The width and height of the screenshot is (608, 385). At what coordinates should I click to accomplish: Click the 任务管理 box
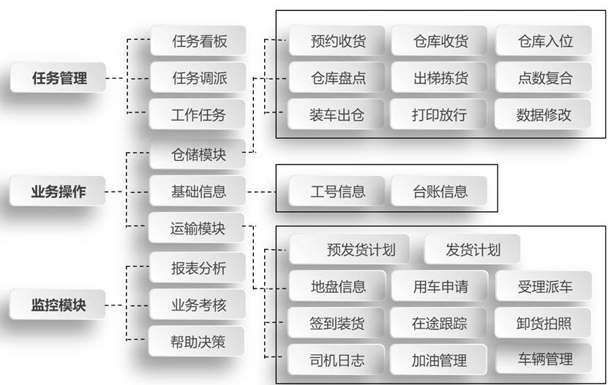(x=59, y=77)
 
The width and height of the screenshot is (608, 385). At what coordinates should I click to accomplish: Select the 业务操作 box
(x=58, y=192)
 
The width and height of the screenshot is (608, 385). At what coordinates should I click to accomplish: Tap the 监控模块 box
(x=58, y=305)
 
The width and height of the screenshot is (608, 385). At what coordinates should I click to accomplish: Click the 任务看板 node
(x=199, y=41)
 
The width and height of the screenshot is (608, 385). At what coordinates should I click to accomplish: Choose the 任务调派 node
(x=199, y=77)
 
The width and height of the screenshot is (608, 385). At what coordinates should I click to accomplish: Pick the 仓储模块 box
(x=198, y=154)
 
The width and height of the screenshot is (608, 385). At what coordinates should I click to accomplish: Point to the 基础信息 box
(x=198, y=192)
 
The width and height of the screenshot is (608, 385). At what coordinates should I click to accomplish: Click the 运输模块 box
(x=198, y=229)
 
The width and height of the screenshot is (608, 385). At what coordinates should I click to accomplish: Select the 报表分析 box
(x=198, y=268)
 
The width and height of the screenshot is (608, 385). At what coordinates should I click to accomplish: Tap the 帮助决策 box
(x=198, y=341)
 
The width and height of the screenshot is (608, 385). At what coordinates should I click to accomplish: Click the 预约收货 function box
(x=337, y=41)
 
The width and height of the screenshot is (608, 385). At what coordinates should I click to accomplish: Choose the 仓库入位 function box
(x=544, y=41)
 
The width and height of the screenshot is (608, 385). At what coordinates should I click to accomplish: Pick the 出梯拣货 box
(x=440, y=77)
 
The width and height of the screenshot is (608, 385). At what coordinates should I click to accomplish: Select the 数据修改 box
(x=544, y=115)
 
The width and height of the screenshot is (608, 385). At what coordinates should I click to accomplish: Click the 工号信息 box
(x=337, y=192)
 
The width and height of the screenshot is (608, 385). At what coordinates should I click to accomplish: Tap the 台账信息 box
(x=440, y=192)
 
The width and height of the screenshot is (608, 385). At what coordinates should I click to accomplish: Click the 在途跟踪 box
(x=440, y=323)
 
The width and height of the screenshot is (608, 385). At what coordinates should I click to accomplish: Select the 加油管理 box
(x=440, y=359)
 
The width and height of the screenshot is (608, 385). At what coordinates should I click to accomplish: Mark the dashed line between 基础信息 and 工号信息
(x=263, y=192)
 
